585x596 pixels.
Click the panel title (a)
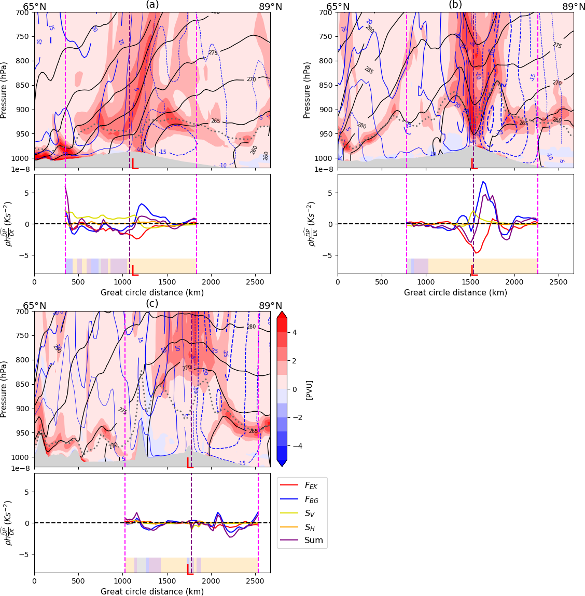click(152, 5)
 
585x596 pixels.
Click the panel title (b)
click(455, 5)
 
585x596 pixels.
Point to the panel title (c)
click(152, 304)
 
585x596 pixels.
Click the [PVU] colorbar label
click(310, 389)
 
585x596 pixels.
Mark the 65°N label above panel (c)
click(34, 306)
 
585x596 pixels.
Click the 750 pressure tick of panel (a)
click(23, 36)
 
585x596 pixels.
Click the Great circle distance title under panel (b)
click(455, 293)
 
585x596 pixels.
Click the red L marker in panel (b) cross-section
click(473, 164)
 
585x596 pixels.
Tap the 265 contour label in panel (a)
click(216, 121)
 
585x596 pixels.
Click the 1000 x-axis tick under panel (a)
click(123, 282)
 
